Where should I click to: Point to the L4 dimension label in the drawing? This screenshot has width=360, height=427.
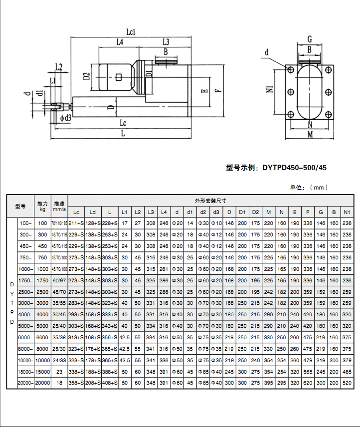[x=120, y=42]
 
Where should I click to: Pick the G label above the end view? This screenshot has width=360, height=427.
[x=309, y=39]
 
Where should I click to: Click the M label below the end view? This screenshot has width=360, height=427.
[x=309, y=135]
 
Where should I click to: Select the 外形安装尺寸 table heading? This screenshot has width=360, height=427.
[x=210, y=201]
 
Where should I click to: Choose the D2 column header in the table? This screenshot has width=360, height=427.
[x=255, y=212]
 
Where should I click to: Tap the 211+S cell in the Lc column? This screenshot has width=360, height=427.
[x=76, y=223]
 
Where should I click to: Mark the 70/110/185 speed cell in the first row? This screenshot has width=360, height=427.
[x=59, y=223]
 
